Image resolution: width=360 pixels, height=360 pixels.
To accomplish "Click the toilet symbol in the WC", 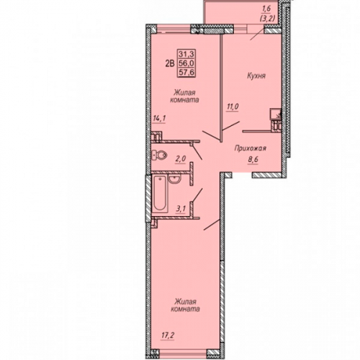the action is [160, 156].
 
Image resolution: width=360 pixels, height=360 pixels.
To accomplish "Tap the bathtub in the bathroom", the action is [160, 194].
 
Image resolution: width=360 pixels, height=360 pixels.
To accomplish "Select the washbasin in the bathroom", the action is [174, 179].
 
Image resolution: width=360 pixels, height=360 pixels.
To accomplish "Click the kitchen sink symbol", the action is [275, 114].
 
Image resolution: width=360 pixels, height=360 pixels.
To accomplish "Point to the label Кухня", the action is [256, 76].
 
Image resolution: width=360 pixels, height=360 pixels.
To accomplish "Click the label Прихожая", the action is [251, 148].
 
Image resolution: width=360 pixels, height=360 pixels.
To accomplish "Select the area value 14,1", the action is [159, 119].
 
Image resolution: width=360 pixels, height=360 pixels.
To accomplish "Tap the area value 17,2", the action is [167, 335].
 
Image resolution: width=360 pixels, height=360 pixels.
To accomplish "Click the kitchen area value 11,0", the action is [233, 107].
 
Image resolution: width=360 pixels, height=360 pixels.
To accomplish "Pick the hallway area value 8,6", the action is [253, 161].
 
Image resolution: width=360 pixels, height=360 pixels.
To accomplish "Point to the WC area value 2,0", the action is [181, 159].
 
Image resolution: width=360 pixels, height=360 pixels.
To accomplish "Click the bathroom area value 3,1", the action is [181, 209].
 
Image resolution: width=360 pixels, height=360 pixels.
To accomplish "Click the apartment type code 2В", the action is [169, 63].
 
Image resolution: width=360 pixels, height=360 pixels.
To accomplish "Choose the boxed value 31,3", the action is [186, 55].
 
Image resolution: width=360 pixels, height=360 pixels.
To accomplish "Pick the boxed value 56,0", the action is [186, 63].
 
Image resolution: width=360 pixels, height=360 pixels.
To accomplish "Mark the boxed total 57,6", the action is [186, 72].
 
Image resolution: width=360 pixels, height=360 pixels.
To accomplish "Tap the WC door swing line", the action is [197, 153].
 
